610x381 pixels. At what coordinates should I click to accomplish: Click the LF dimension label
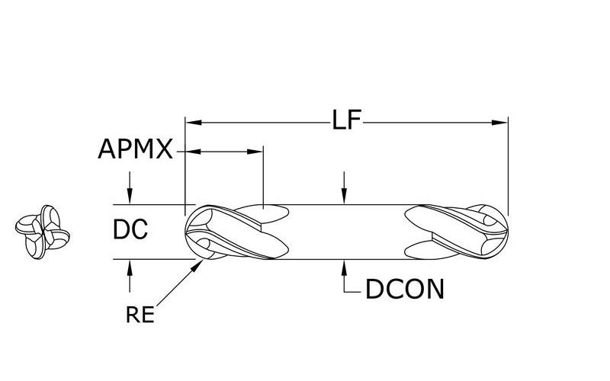tap(347, 120)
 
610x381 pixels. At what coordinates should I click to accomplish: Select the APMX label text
tap(135, 149)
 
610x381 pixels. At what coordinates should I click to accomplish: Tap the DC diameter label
tap(130, 229)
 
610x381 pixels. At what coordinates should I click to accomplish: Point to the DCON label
tap(405, 290)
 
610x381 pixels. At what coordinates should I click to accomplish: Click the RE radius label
tap(140, 315)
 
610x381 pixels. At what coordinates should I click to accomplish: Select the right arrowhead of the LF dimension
tap(499, 123)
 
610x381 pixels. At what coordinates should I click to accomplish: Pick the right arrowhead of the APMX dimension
tap(255, 151)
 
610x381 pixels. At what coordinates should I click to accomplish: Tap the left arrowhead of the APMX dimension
tap(194, 151)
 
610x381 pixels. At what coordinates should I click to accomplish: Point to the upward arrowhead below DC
tap(130, 267)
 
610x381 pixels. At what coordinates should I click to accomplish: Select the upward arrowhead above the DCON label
tap(344, 267)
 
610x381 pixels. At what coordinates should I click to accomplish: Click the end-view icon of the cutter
tap(43, 232)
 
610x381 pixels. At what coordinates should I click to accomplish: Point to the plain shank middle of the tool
tap(346, 232)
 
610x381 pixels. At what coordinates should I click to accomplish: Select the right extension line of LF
tap(508, 165)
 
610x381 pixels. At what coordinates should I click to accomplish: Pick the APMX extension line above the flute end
tap(263, 178)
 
